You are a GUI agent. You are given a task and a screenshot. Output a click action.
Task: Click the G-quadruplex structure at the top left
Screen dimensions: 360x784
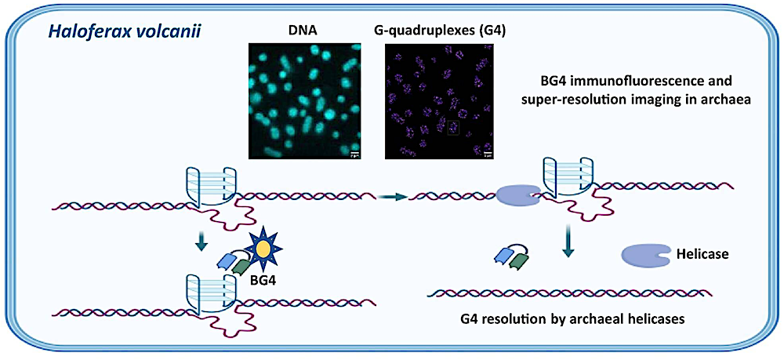(x=209, y=187)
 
